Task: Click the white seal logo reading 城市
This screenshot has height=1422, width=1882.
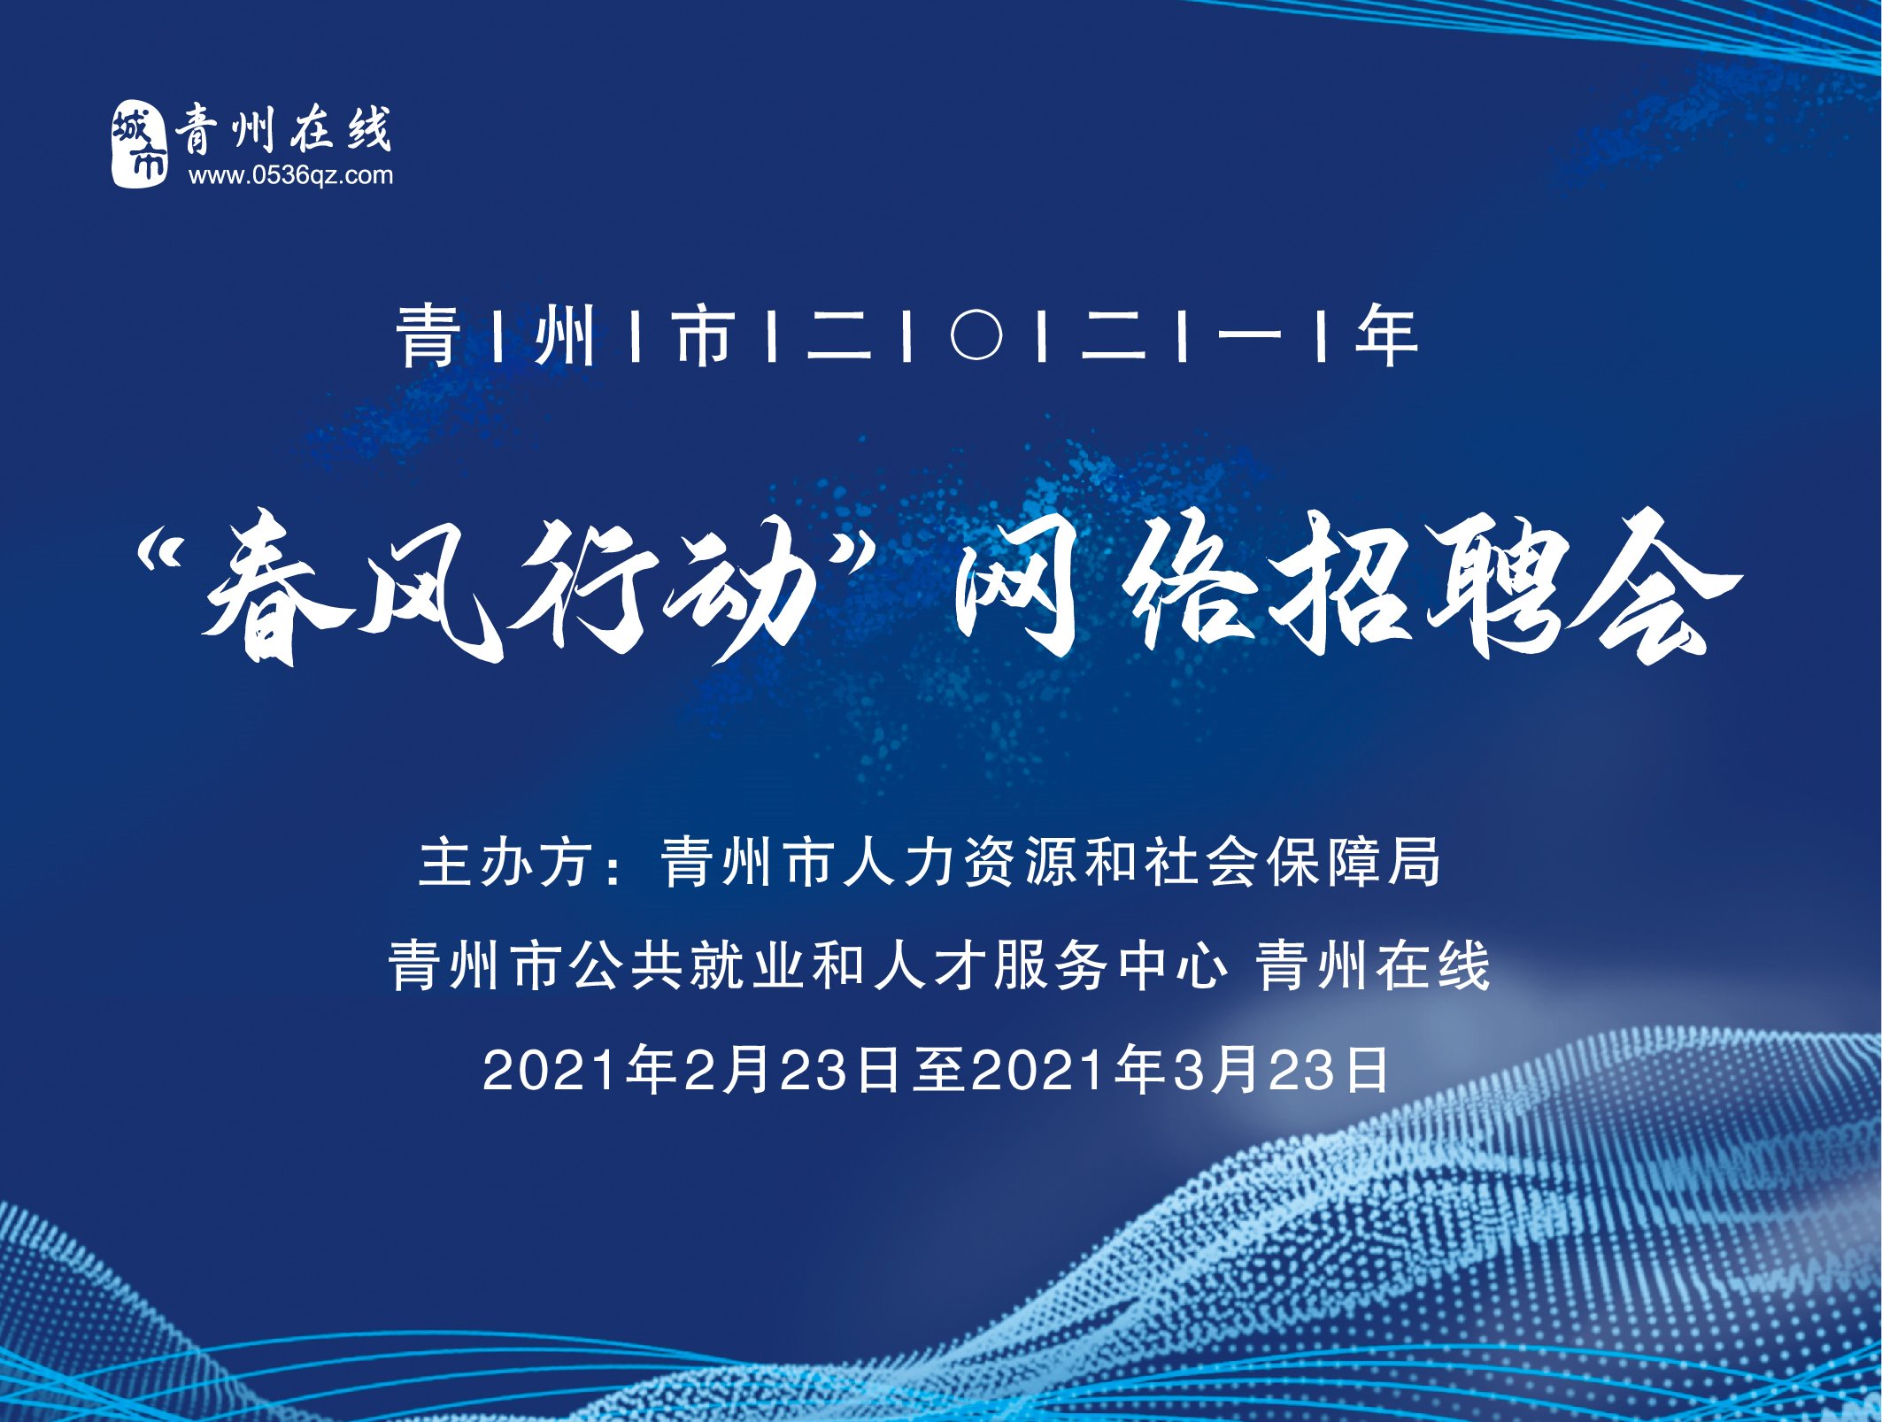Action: coord(139,143)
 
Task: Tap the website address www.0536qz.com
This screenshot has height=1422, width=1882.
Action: coord(290,175)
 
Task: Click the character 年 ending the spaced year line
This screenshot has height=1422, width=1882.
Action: coord(1386,335)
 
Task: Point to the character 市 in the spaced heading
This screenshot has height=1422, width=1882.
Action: coord(704,335)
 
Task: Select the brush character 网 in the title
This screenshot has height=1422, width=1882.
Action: coord(1018,588)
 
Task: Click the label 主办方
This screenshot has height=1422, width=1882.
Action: coord(505,863)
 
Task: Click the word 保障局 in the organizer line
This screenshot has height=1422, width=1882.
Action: coord(1354,863)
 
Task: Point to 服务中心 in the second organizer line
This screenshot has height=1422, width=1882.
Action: coord(1111,965)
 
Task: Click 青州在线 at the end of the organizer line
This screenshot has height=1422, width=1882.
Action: coord(1373,965)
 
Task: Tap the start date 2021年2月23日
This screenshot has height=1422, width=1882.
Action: coord(690,1070)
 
